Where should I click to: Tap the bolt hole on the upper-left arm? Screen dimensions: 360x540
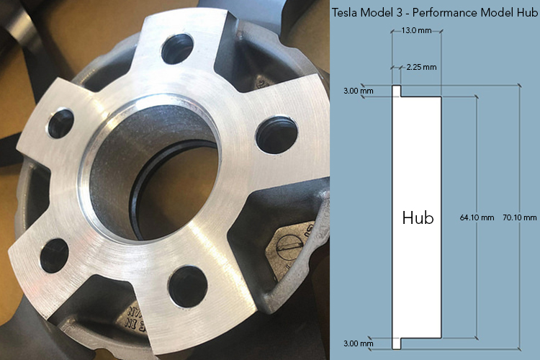tap(60, 124)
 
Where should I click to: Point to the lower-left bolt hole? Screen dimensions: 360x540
tap(55, 254)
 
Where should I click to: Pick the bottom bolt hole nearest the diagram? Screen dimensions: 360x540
tap(188, 284)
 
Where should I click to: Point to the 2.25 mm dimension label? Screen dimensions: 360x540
tap(421, 67)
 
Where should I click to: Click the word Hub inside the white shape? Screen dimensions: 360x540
tap(418, 218)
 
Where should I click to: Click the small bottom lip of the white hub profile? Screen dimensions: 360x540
tap(395, 341)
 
